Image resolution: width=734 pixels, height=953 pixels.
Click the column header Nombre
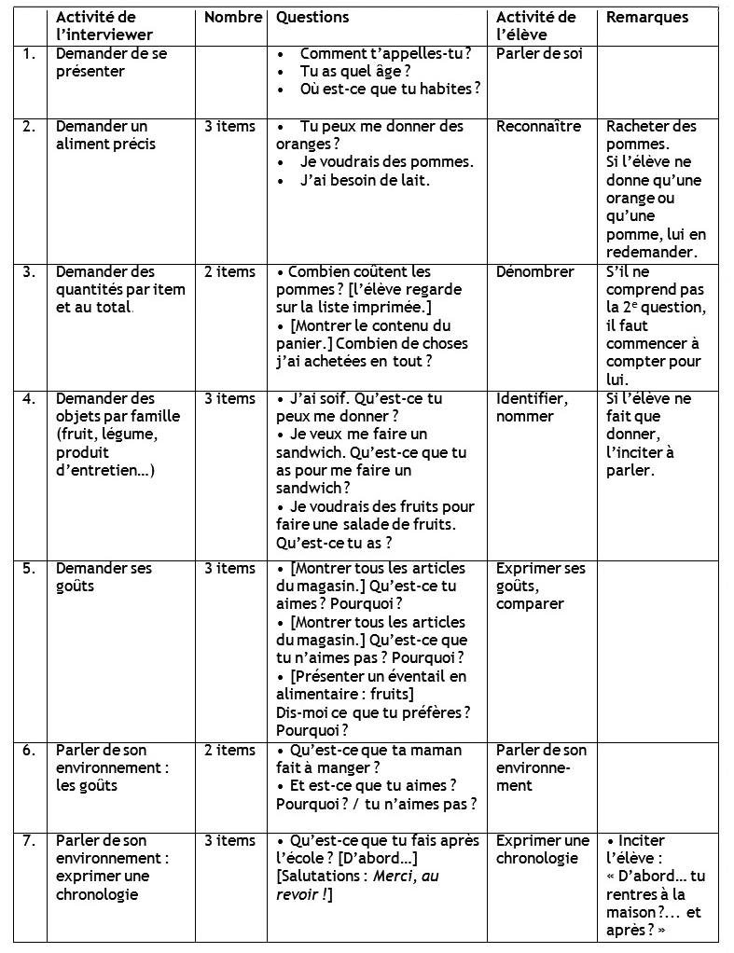pyautogui.click(x=233, y=17)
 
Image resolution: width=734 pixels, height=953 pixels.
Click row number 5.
pyautogui.click(x=29, y=568)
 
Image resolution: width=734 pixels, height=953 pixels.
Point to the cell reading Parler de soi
pyautogui.click(x=539, y=53)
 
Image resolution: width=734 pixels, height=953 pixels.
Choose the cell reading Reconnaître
pyautogui.click(x=538, y=126)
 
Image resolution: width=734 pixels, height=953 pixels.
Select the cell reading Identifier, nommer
pyautogui.click(x=532, y=407)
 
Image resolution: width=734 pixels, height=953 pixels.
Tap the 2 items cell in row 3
pyautogui.click(x=229, y=271)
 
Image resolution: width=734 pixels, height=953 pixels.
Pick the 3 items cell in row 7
pyautogui.click(x=229, y=840)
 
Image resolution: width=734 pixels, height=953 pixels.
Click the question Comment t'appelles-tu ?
pyautogui.click(x=385, y=53)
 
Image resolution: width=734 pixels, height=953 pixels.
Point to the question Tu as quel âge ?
pyautogui.click(x=355, y=71)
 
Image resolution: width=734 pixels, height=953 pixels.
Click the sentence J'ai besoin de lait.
pyautogui.click(x=365, y=180)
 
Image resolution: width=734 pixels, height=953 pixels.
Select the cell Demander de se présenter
pyautogui.click(x=112, y=62)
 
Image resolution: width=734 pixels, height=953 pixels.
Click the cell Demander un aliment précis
pyautogui.click(x=105, y=135)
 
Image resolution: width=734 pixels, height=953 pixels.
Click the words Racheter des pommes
pyautogui.click(x=651, y=135)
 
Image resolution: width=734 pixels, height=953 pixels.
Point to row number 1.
pyautogui.click(x=29, y=53)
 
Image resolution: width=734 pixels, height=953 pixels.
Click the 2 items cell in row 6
pyautogui.click(x=229, y=750)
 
